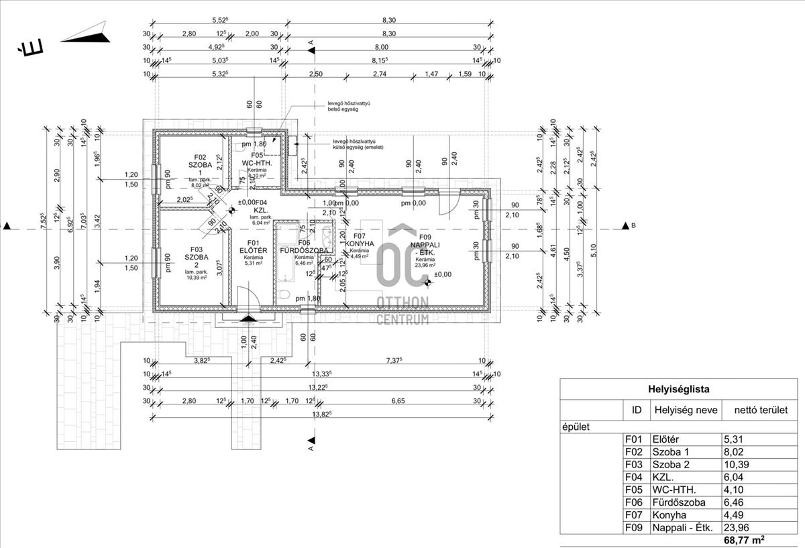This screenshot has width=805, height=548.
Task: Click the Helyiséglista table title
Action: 678,389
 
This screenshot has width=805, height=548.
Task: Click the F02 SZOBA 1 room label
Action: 200,165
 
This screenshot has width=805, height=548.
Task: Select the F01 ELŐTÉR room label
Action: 253,247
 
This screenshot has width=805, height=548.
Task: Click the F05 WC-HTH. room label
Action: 256,159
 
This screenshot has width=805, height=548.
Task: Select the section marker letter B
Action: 633,226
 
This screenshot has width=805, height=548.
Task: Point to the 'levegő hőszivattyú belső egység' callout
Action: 345,106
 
